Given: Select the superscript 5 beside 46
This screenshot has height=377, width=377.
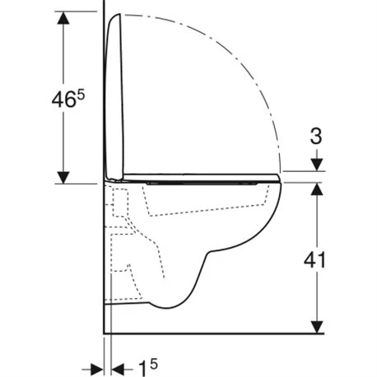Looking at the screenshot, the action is (x=81, y=95).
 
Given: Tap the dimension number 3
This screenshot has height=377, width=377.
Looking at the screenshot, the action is (x=316, y=137).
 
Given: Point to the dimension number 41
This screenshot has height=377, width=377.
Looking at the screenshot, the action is (x=314, y=260).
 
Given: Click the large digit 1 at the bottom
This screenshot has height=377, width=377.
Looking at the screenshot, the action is (x=142, y=368).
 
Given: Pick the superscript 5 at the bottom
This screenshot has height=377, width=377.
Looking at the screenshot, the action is (x=154, y=364).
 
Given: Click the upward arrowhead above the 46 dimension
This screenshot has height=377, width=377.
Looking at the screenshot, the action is (x=63, y=18).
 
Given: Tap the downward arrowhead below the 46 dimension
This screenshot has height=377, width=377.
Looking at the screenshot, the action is (x=63, y=177).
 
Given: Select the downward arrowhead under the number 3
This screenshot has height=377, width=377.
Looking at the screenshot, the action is (x=317, y=165).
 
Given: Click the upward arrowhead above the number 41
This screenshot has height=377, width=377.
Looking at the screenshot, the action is (x=317, y=189).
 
